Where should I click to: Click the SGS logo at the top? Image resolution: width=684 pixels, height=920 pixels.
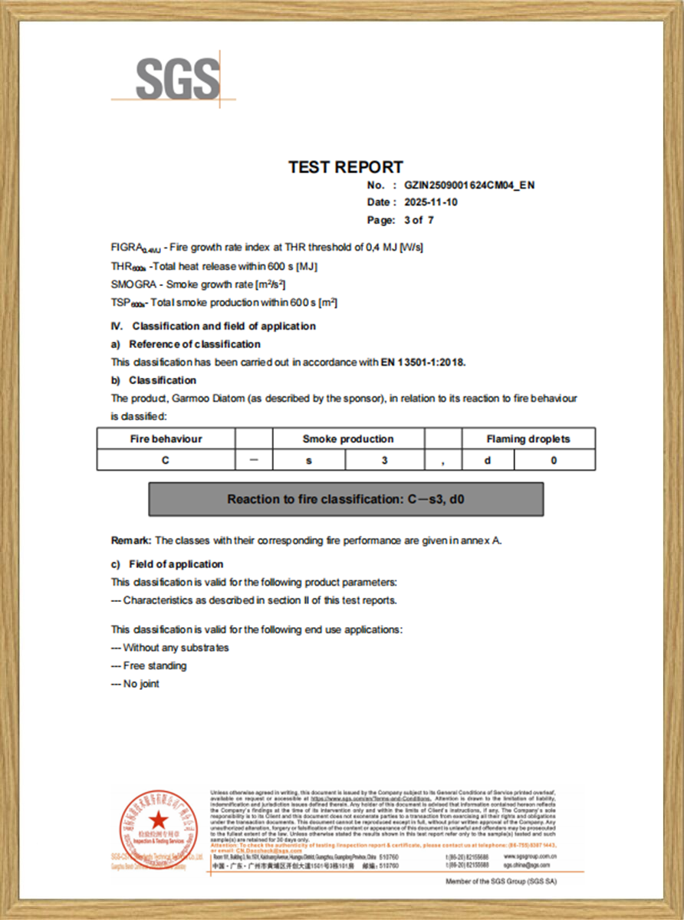point(177,77)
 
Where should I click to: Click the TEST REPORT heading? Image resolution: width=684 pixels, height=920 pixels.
point(345,167)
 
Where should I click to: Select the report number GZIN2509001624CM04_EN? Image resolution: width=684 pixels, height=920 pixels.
point(469,186)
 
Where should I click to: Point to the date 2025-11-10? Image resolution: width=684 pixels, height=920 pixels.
point(431,202)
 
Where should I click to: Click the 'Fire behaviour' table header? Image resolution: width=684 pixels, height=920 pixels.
point(166,439)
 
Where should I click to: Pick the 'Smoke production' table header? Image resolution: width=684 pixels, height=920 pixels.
point(348,439)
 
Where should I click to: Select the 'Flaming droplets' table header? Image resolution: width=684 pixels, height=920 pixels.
point(528,439)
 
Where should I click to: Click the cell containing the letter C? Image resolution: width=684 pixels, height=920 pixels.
point(166,460)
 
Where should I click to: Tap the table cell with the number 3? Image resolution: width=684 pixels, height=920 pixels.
point(385,460)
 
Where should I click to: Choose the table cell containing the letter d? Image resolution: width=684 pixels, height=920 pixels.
point(488,460)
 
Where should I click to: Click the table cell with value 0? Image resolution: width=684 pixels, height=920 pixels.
point(554,460)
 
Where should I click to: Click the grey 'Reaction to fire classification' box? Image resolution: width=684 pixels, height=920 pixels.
point(346,499)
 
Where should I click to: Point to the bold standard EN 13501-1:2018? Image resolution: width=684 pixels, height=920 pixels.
point(423,362)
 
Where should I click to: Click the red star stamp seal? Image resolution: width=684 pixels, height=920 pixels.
point(158,824)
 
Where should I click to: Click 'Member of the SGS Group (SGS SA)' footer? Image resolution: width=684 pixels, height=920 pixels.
point(501,882)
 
